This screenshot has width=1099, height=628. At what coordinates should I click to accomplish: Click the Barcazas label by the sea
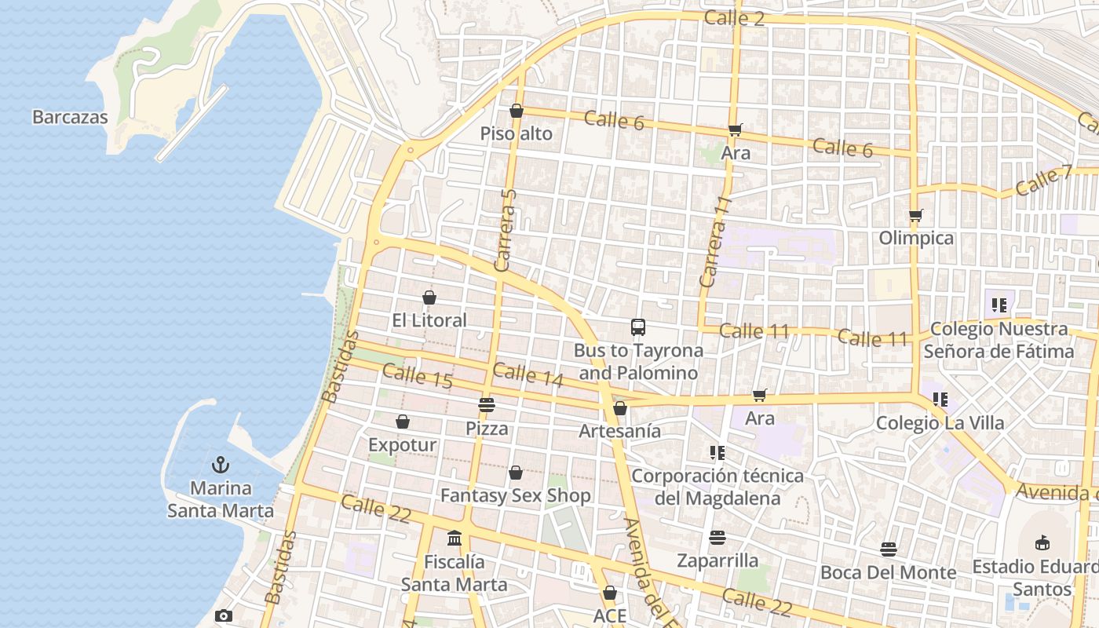70,117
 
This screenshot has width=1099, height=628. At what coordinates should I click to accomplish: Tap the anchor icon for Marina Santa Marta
221,465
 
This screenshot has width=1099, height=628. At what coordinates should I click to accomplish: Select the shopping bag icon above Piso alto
517,111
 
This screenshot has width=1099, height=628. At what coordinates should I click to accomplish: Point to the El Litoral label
429,320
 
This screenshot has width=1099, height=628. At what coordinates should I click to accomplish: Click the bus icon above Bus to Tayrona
638,327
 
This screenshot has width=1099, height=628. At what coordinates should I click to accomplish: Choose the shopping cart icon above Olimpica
915,215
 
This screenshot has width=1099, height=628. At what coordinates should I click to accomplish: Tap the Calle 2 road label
734,18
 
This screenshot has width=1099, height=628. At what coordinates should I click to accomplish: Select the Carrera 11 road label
715,242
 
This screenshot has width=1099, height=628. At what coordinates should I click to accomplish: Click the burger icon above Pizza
487,405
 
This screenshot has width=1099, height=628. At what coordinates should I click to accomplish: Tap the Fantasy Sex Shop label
515,496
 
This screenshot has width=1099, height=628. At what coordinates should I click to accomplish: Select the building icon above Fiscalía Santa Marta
455,539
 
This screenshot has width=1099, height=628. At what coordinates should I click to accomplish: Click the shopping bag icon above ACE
610,593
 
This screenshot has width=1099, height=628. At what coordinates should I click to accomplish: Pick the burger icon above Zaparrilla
717,538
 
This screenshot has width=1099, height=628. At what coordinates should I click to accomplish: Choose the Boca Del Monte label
888,573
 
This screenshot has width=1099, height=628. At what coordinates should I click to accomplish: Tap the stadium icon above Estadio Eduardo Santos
1042,542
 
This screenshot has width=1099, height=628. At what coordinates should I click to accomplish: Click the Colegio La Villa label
940,423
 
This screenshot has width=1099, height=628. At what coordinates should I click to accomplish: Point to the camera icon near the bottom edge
224,616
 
